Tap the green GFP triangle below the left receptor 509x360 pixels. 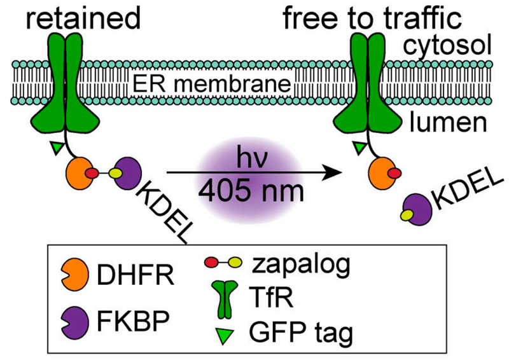pos(57,147)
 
